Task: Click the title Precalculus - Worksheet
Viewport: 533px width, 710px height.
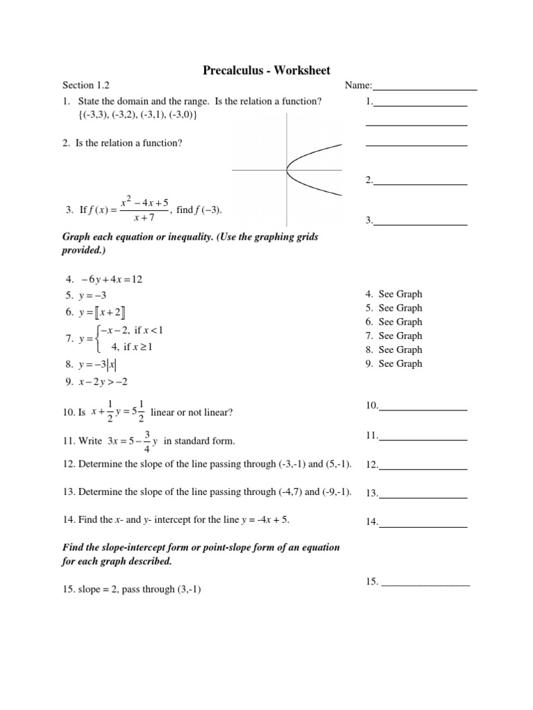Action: click(x=266, y=70)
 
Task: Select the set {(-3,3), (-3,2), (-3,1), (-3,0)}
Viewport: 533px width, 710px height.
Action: click(x=137, y=115)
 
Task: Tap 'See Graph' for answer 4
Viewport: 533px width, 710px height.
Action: click(x=400, y=294)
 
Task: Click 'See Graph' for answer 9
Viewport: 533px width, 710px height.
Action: click(x=400, y=363)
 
